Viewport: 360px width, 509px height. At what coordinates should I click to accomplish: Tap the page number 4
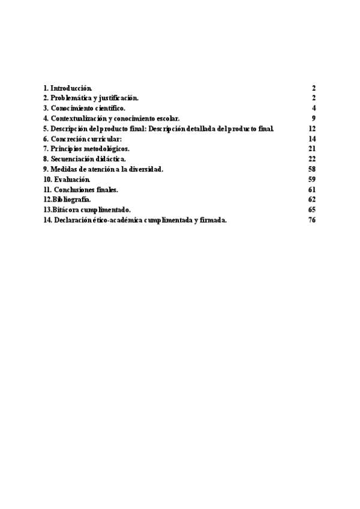pos(314,108)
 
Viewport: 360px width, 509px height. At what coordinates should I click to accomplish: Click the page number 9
pos(314,118)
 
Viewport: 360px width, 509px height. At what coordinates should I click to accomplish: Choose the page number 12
pos(312,128)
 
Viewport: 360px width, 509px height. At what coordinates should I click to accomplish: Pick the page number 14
pos(312,139)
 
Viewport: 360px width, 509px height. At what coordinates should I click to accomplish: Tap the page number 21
pos(312,149)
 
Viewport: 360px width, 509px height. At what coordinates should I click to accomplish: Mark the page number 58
pos(312,169)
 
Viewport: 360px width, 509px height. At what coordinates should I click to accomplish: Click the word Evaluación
pos(72,179)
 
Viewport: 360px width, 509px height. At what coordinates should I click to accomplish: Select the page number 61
pos(312,190)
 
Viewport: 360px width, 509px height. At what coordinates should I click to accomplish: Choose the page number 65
pos(312,210)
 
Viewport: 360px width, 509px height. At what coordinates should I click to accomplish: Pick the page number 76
pos(312,220)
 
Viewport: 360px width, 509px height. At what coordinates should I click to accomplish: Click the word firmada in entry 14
pos(214,220)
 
